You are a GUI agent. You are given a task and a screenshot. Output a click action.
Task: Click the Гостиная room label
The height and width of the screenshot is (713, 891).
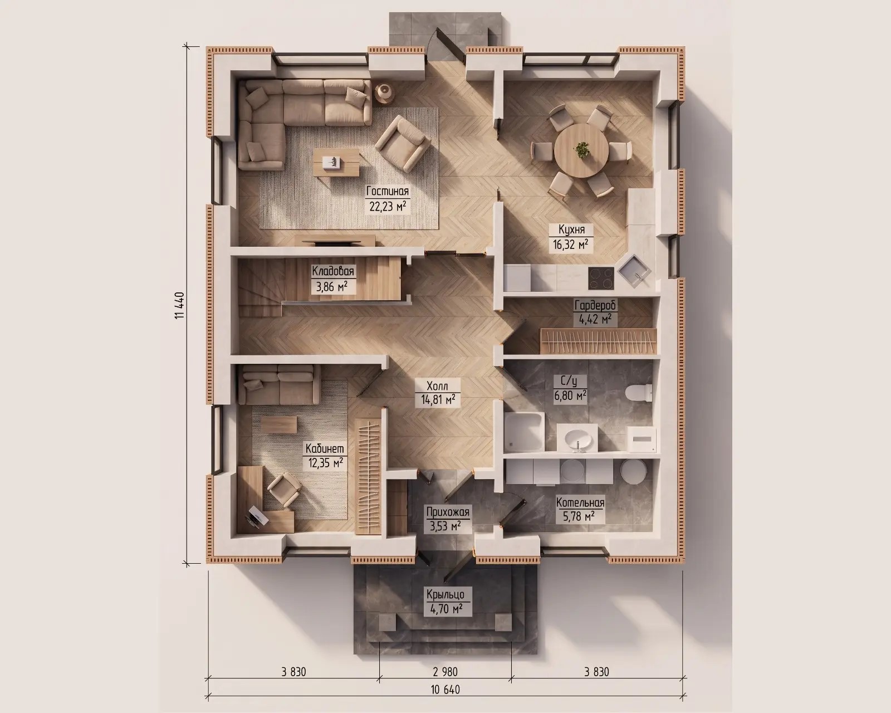388,191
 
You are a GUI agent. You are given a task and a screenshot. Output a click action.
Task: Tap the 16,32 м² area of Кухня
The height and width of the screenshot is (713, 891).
571,245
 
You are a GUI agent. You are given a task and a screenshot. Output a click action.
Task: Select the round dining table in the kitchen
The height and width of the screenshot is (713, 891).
581,151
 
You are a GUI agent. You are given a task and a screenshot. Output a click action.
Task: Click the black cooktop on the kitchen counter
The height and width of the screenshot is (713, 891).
601,279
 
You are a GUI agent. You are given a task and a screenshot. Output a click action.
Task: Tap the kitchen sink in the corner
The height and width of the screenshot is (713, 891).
634,271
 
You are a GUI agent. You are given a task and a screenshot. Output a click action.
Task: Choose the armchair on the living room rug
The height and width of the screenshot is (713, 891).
402,143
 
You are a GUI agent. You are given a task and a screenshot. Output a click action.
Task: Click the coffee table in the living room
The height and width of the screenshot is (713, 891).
336,163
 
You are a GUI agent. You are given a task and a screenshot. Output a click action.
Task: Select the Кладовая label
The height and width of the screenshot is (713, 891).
333,271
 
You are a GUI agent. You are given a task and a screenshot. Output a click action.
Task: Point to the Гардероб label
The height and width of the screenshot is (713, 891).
595,305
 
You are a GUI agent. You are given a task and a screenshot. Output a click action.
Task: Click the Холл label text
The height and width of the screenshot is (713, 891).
437,386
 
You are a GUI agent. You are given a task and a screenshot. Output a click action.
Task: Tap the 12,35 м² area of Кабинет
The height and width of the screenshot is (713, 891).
325,462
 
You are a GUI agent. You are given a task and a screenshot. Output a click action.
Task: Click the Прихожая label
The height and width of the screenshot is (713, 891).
448,512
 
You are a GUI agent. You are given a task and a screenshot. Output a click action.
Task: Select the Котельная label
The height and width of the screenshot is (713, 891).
580,503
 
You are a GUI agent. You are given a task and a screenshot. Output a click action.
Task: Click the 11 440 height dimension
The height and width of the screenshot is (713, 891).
179,305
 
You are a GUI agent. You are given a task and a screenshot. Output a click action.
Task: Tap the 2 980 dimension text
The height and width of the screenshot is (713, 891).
445,672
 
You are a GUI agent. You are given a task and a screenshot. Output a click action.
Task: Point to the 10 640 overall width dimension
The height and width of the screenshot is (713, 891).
445,690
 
